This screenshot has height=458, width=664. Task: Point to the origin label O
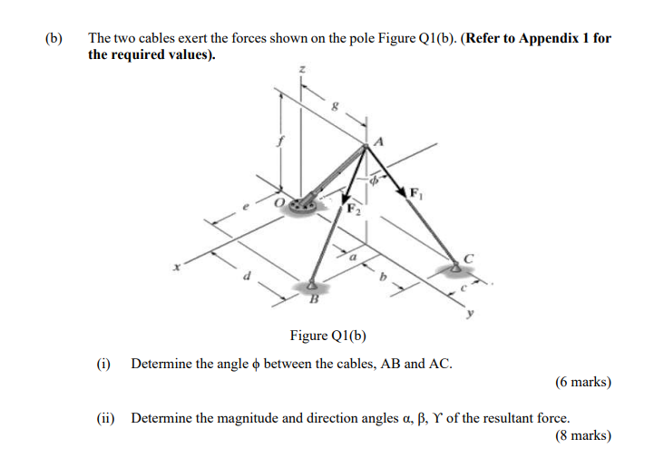[282, 201]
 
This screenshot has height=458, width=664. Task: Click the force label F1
[415, 193]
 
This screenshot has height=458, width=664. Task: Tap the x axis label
[180, 268]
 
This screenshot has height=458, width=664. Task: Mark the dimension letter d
[243, 275]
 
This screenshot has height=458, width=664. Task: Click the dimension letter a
[354, 258]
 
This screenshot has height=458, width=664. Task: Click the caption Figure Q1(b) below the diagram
[327, 336]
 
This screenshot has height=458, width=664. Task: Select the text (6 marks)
[582, 382]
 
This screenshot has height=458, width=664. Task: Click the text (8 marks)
[582, 435]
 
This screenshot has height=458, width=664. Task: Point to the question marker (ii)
[105, 418]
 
